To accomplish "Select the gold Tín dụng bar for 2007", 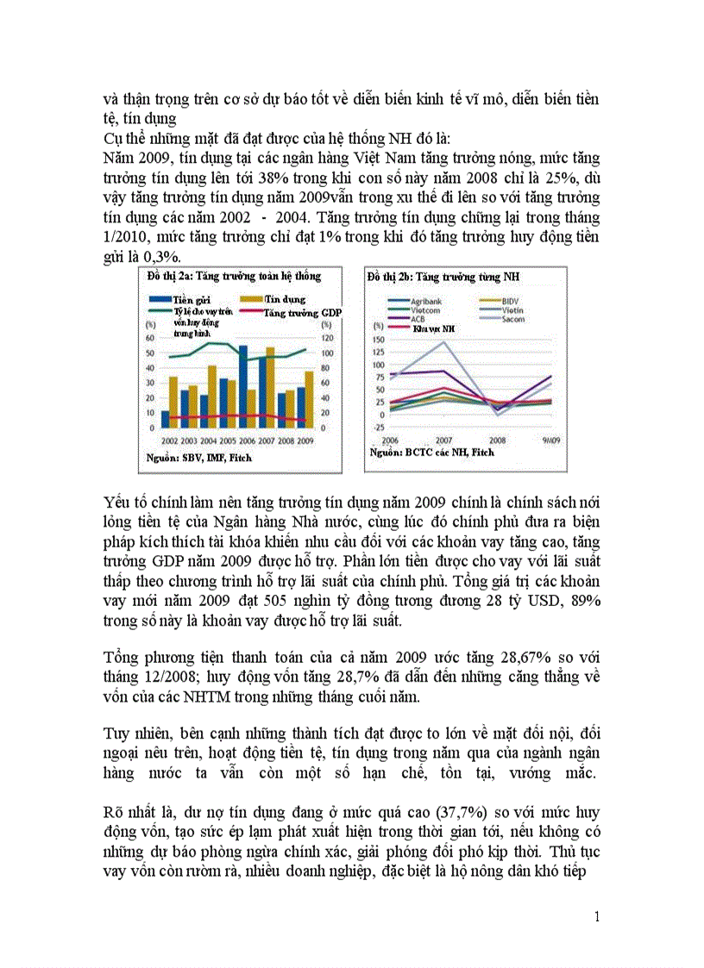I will click(x=270, y=388).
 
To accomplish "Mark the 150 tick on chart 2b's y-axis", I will click(x=377, y=338).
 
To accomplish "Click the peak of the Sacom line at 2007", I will click(x=444, y=342).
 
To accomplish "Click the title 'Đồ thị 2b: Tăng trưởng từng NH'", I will click(x=449, y=276).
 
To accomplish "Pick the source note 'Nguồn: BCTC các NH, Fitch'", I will click(x=432, y=452).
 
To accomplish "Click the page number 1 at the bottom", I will click(x=596, y=916).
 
